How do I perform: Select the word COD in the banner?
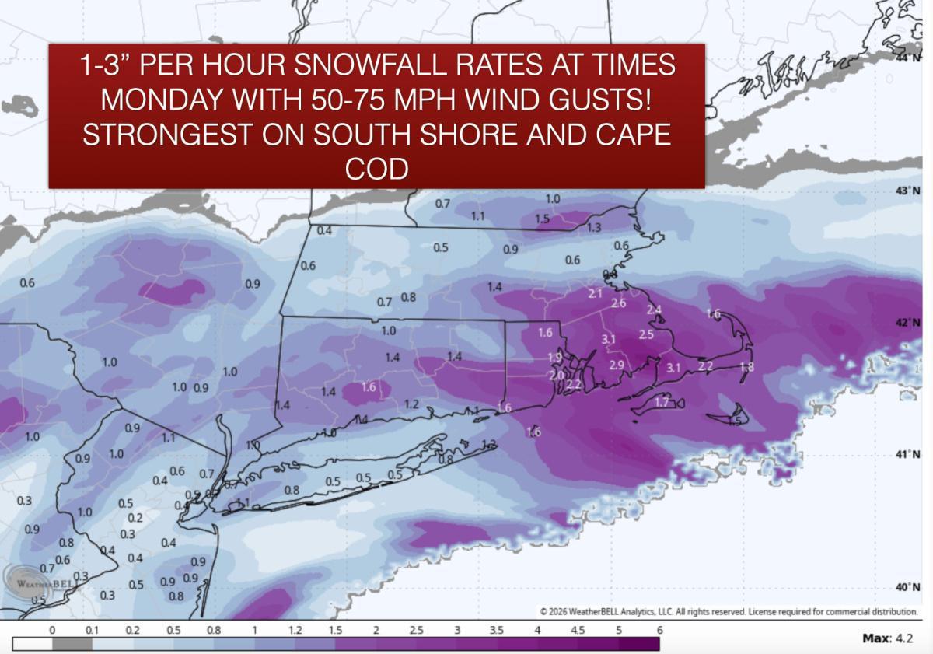point(376,169)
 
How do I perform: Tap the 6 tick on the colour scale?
point(659,630)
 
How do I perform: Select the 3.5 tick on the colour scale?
point(497,630)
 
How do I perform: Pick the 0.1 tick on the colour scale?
point(92,630)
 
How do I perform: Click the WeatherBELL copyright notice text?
point(728,611)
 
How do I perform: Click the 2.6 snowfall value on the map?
point(619,303)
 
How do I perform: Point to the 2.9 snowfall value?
point(616,365)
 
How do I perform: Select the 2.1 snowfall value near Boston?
point(596,294)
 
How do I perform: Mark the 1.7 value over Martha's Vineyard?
point(662,402)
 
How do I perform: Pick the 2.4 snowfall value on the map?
point(654,310)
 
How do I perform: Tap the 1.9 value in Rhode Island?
point(554,357)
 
